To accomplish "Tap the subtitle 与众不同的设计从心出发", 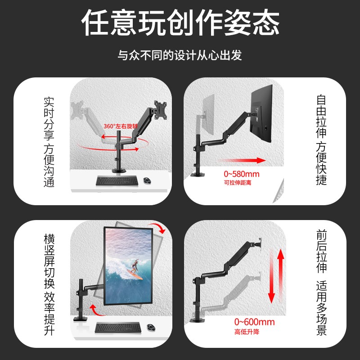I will (x=180, y=56).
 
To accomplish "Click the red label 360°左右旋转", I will (x=121, y=126).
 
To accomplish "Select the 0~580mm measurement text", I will (x=242, y=174).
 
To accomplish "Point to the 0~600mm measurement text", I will (x=254, y=322).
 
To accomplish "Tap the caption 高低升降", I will (x=247, y=332).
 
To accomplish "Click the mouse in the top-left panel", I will (x=148, y=180).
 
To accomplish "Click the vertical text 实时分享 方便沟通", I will (x=49, y=141).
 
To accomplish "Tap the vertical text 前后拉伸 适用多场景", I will (x=321, y=283).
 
